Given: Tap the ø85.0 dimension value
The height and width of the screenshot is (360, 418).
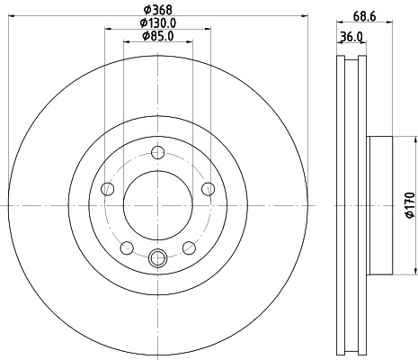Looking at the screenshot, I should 158,38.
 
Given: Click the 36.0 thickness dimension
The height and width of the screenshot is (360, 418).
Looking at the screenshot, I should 352,37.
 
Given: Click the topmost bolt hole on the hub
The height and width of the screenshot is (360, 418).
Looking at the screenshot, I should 158,152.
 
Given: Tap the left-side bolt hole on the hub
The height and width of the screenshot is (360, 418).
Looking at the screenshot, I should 107,188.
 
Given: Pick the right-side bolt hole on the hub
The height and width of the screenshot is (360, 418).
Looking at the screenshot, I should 209,188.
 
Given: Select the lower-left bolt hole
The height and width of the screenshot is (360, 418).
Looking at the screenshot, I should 127,247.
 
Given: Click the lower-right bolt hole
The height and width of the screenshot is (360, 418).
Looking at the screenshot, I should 190,247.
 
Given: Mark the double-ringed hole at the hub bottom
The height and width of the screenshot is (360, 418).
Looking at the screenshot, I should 158,258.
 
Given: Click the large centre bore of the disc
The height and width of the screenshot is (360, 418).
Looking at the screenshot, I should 158,205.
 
